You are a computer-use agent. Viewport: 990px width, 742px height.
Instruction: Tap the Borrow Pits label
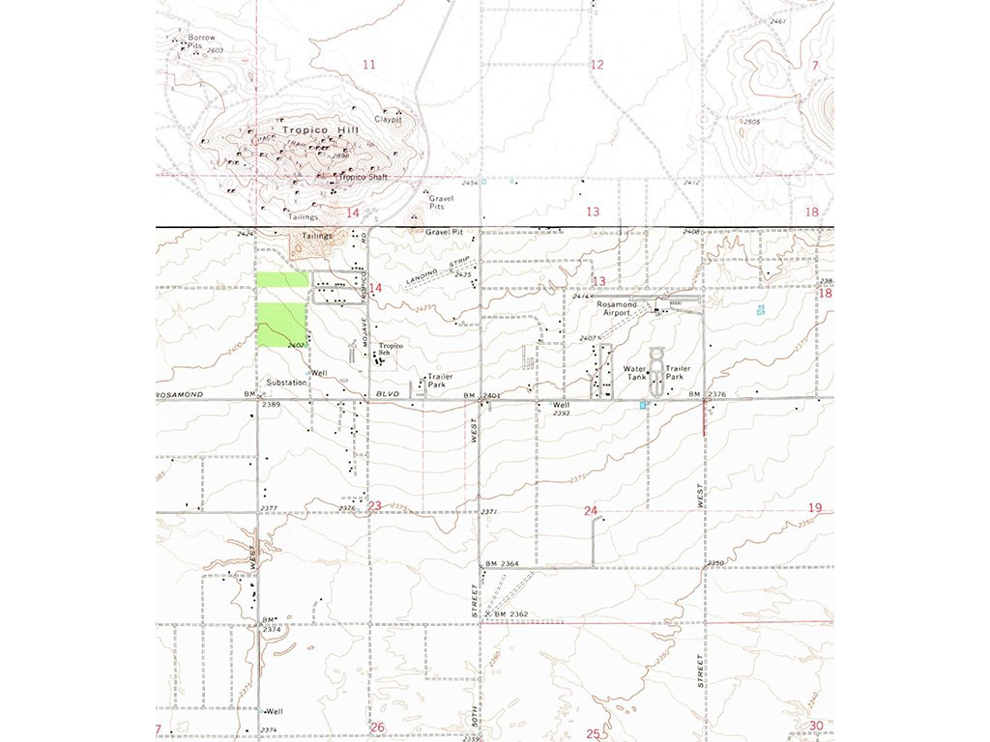pyautogui.click(x=202, y=42)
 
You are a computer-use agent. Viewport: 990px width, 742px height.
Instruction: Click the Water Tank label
pyautogui.click(x=635, y=372)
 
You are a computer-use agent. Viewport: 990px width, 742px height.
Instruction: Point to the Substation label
pyautogui.click(x=287, y=383)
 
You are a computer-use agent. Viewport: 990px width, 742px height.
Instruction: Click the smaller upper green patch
pyautogui.click(x=282, y=280)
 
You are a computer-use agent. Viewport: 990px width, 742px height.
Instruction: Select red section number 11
pyautogui.click(x=368, y=65)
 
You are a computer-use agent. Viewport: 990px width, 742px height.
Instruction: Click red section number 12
pyautogui.click(x=597, y=65)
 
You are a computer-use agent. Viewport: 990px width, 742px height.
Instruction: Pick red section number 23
pyautogui.click(x=375, y=506)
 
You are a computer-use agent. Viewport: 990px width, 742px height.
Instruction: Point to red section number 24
pyautogui.click(x=591, y=509)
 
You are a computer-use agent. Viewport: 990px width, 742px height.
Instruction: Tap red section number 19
pyautogui.click(x=814, y=507)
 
